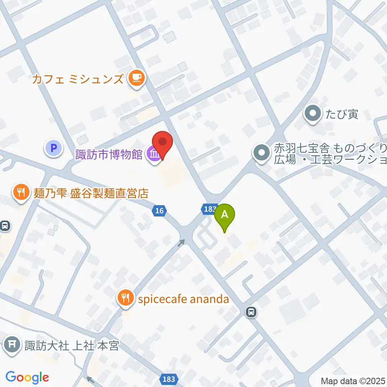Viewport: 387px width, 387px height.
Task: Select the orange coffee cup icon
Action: (136, 78)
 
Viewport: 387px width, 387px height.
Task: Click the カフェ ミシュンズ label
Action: (78, 78)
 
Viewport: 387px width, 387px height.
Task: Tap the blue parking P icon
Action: (54, 148)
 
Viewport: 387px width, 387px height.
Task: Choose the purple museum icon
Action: (154, 154)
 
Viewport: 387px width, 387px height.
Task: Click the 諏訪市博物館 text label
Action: (109, 154)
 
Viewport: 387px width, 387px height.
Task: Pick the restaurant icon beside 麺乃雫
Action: (20, 192)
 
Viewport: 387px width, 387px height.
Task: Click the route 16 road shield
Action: (160, 211)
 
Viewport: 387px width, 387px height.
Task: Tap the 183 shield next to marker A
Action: (208, 208)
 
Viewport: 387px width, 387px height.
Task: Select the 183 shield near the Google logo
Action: (169, 379)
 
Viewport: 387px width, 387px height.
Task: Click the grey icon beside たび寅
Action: (313, 114)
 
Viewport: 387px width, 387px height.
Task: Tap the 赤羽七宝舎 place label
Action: (330, 153)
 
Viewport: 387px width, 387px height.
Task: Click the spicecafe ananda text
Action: (183, 299)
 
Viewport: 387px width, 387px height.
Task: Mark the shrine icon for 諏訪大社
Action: (12, 345)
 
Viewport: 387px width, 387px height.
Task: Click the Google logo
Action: (27, 378)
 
